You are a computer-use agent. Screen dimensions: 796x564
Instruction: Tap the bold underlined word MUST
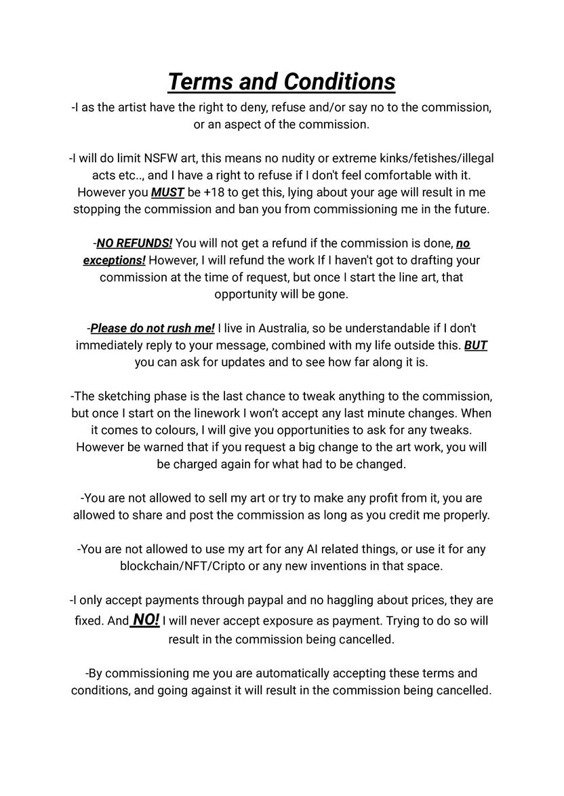pos(167,193)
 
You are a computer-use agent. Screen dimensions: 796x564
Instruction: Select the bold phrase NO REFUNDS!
pos(134,243)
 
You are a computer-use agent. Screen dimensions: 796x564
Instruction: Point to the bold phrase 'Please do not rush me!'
pos(153,329)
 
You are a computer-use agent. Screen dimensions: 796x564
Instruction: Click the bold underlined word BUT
pos(476,346)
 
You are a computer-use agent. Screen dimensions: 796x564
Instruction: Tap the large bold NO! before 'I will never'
pos(146,620)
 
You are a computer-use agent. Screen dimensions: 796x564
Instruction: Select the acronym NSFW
pos(160,159)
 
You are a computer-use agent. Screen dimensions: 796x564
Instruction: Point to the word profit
pos(381,498)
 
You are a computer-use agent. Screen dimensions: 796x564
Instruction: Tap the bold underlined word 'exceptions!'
pos(114,260)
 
